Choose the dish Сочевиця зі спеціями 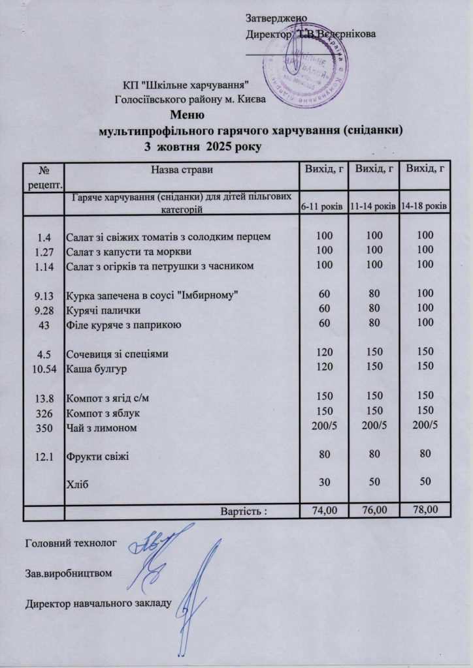pos(118,355)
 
